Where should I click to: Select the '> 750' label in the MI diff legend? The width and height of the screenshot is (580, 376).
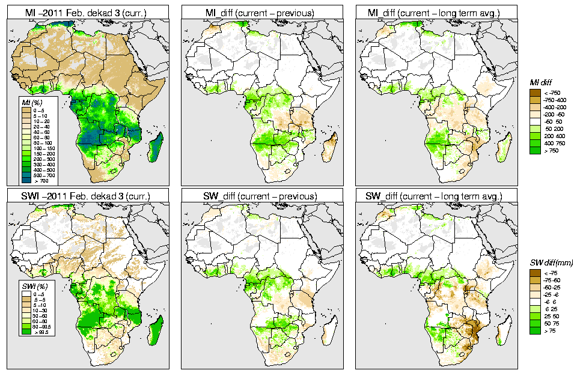coord(551,150)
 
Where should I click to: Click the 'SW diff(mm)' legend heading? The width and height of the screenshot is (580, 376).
coord(551,262)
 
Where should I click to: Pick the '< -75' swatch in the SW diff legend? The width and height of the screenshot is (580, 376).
coord(534,273)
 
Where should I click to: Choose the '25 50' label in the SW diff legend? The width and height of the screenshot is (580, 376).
coord(551,316)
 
